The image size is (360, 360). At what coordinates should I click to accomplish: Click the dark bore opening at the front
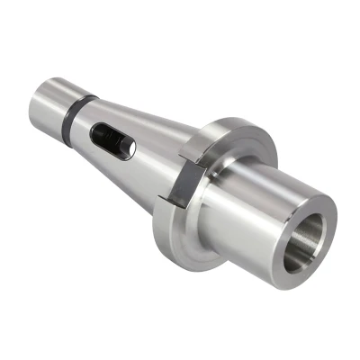[x=306, y=243]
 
